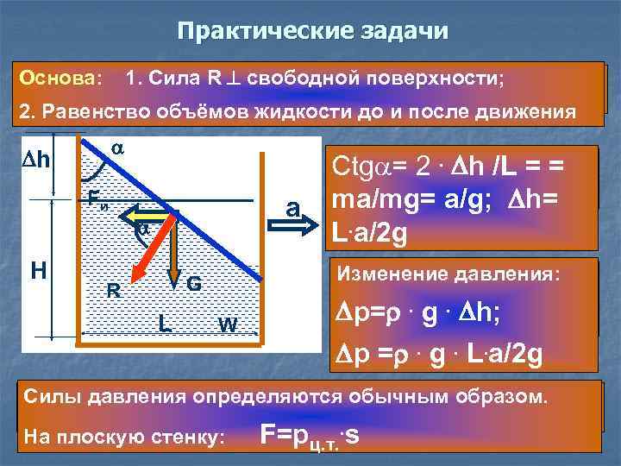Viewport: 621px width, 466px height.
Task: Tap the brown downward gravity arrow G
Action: tap(174, 250)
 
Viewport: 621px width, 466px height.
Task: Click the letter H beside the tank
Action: tap(38, 268)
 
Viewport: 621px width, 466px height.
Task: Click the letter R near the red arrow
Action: tap(113, 290)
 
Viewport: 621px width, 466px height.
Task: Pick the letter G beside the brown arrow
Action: tap(195, 283)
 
